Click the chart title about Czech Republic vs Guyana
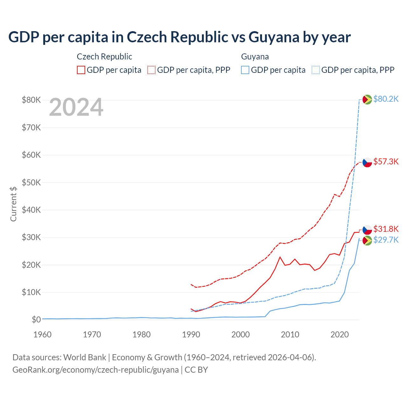[179, 37]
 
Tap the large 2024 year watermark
[76, 107]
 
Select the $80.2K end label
[386, 99]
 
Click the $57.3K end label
[386, 162]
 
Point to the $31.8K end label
[386, 229]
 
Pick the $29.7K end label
[386, 240]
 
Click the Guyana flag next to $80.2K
[367, 100]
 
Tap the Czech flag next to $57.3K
[367, 162]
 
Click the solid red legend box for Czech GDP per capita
[81, 70]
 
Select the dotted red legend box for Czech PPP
[151, 70]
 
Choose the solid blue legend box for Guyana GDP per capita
[245, 70]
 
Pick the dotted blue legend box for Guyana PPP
[316, 70]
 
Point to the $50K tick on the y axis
[31, 183]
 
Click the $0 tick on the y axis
[36, 320]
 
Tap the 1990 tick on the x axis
[191, 335]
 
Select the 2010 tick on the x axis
[290, 335]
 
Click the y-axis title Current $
[13, 204]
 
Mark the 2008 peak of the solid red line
[280, 257]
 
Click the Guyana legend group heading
[255, 57]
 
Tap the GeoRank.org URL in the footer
[95, 370]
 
